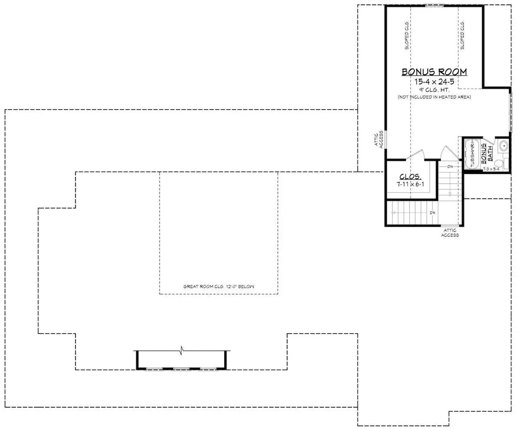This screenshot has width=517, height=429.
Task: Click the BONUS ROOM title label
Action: click(434, 72)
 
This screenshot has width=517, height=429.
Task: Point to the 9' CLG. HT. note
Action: click(434, 89)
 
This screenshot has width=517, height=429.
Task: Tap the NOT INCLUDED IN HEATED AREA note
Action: click(434, 97)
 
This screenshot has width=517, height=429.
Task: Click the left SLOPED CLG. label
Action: click(406, 36)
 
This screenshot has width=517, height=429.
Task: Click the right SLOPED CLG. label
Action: click(462, 36)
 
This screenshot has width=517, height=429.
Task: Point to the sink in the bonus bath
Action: click(503, 146)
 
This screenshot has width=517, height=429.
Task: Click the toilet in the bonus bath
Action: click(499, 163)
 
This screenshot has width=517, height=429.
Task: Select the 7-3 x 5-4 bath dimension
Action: click(491, 170)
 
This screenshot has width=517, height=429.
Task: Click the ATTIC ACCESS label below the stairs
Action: click(450, 233)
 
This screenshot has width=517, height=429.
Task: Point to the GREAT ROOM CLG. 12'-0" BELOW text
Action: click(219, 287)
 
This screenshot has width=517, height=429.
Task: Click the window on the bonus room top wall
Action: click(434, 6)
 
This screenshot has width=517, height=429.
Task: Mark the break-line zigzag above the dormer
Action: click(181, 349)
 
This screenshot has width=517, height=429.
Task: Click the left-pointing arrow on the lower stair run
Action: click(394, 213)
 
